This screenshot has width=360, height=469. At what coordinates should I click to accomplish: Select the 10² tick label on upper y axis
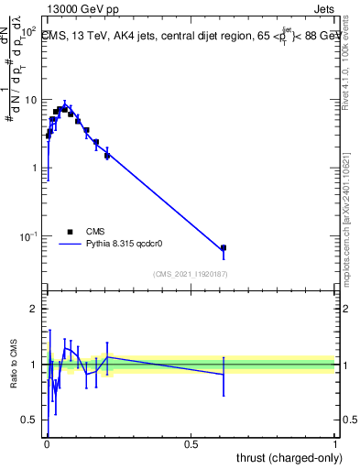coord(29,32)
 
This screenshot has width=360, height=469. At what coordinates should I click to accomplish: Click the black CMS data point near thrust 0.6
coord(224,248)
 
